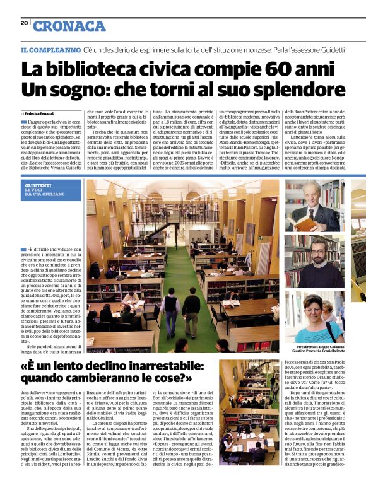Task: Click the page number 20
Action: click(x=24, y=23)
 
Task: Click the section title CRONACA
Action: click(x=69, y=26)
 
